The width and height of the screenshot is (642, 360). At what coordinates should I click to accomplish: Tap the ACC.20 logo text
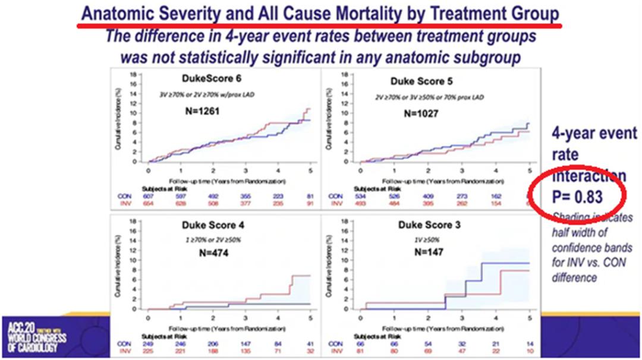coord(20,325)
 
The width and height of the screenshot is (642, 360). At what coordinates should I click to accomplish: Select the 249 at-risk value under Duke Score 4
coord(149,344)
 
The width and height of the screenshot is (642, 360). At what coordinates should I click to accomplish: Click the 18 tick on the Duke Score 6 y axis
coord(140,75)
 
